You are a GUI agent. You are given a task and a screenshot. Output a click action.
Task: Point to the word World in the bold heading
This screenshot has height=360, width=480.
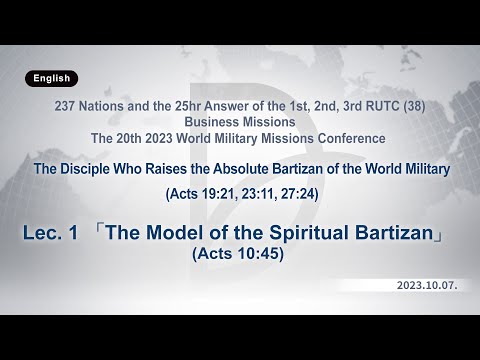375,169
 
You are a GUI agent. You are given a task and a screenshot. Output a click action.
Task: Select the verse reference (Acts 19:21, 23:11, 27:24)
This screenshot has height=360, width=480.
240,193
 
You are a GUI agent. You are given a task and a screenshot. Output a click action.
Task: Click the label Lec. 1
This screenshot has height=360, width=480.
50,234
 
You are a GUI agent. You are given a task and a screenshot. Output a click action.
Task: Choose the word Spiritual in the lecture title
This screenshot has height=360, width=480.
292,234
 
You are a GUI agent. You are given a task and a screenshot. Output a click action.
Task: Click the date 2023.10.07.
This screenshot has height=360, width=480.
429,285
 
